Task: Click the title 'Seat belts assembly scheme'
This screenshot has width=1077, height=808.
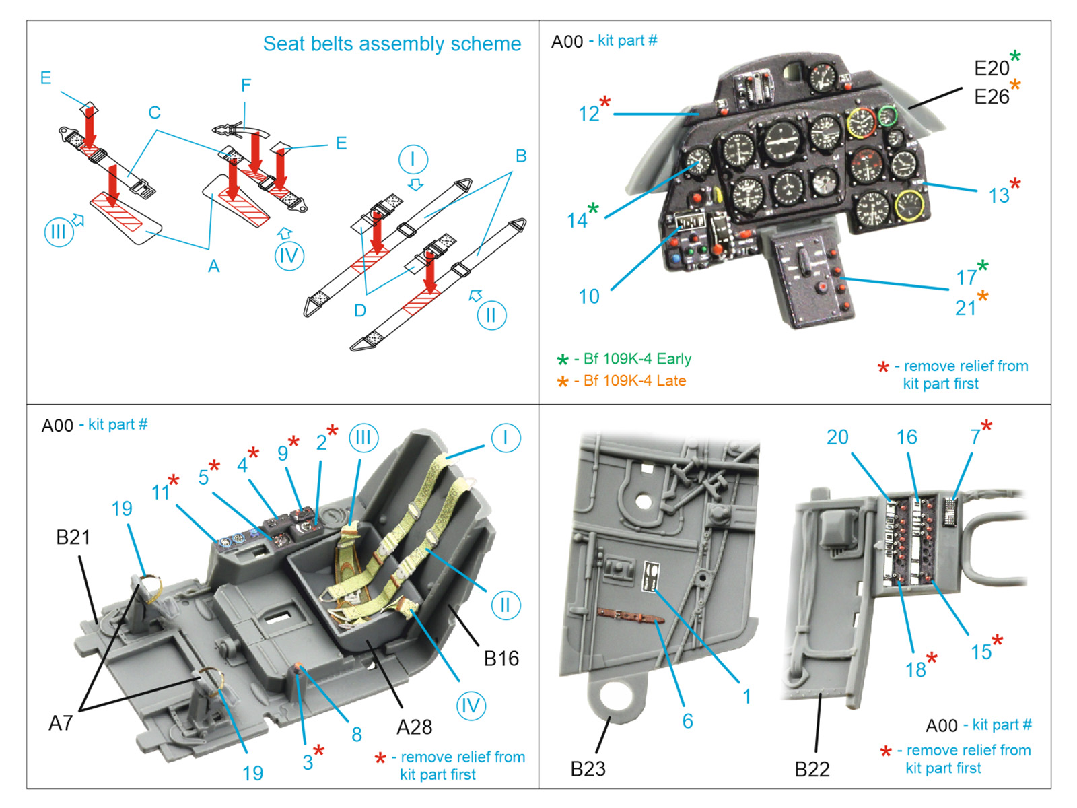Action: (392, 44)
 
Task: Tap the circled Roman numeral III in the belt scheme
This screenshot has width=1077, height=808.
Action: (59, 232)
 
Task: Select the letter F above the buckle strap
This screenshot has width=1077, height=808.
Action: (246, 86)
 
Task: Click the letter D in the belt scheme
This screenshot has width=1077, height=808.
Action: (360, 310)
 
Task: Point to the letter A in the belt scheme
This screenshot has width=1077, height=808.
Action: (213, 267)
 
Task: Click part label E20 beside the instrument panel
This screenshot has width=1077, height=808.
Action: (992, 68)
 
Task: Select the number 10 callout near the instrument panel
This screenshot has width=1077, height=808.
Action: (589, 296)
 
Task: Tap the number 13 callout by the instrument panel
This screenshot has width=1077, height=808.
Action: (999, 196)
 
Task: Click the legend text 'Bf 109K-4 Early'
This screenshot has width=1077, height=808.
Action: (637, 359)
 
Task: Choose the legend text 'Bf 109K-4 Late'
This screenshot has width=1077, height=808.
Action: (634, 381)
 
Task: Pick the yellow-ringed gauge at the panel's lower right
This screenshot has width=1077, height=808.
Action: (909, 205)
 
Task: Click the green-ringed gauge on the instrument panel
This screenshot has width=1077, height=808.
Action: (888, 115)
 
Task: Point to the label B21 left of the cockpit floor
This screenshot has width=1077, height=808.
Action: (73, 537)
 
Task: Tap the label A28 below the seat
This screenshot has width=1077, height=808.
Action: (414, 727)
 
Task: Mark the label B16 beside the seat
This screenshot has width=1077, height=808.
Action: (501, 659)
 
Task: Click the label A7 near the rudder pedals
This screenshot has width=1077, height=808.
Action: (61, 723)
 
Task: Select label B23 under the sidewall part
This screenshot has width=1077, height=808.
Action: (588, 769)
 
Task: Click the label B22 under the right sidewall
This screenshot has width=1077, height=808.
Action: (812, 769)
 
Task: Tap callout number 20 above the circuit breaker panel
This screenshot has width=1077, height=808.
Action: (837, 438)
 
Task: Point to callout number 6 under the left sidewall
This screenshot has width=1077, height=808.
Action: (687, 721)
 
